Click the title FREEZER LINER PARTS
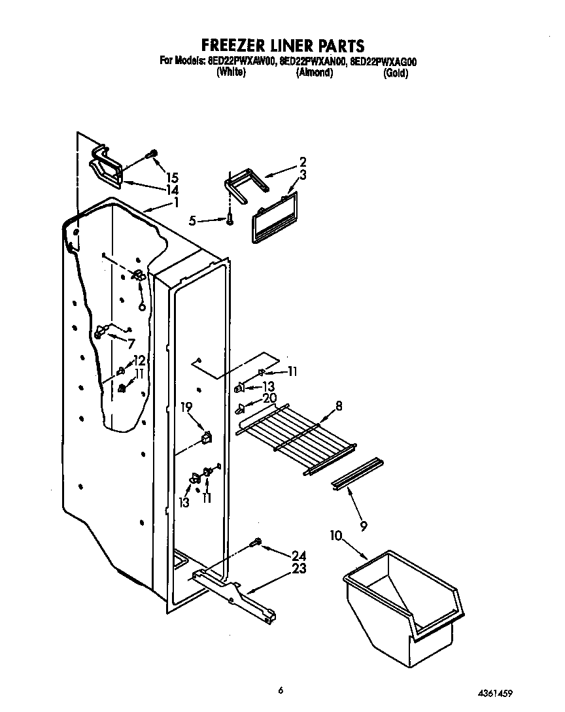(x=282, y=45)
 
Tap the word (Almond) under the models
(x=315, y=73)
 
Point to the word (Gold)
(x=396, y=73)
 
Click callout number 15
(x=172, y=177)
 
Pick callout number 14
(x=172, y=190)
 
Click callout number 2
(x=303, y=161)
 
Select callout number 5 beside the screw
(x=192, y=221)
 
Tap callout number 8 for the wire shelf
(x=339, y=405)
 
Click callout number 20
(x=269, y=398)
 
